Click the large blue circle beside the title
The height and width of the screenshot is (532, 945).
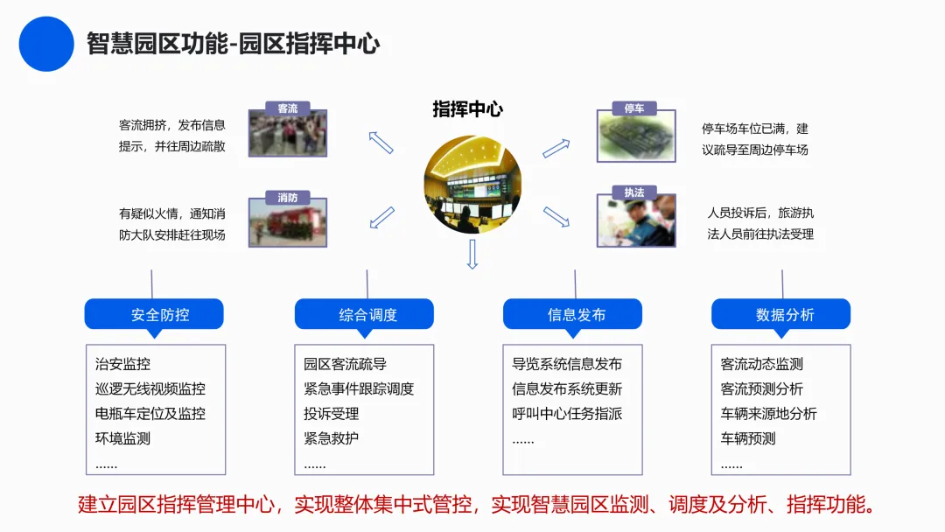[x=46, y=44]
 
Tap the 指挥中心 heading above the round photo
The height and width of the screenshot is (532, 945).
[x=467, y=109]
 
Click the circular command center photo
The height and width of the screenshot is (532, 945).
[x=472, y=185]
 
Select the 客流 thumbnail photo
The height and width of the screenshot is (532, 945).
[x=288, y=133]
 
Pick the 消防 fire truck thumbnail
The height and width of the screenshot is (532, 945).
[x=288, y=222]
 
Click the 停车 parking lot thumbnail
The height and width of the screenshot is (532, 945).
[x=636, y=136]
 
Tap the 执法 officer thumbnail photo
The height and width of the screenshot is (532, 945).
[x=636, y=220]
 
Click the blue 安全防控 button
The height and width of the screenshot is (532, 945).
[x=154, y=314]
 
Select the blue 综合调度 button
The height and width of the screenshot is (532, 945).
[x=364, y=314]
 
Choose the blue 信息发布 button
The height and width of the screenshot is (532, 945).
[x=572, y=314]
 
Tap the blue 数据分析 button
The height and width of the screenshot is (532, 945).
[x=781, y=314]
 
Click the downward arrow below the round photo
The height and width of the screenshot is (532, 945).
[x=472, y=254]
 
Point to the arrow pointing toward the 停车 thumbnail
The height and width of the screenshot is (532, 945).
[x=556, y=148]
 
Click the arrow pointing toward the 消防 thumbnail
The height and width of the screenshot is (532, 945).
[x=382, y=218]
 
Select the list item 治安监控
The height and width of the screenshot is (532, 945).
[x=123, y=364]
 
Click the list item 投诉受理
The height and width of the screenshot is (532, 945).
[x=332, y=414]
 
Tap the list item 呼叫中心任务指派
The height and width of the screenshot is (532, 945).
[x=567, y=414]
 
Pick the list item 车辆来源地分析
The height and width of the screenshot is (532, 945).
[x=769, y=414]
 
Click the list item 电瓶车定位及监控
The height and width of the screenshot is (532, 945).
[x=150, y=414]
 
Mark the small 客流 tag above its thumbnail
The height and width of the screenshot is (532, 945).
[x=288, y=108]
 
